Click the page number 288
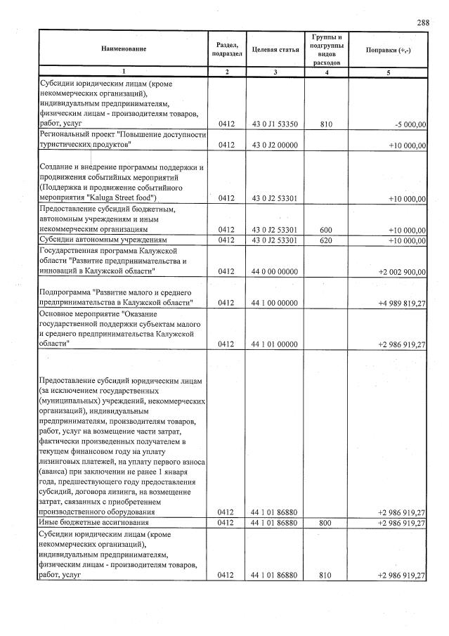coord(423,23)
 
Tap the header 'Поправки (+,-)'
coord(388,50)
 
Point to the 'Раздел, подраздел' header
coord(226,50)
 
